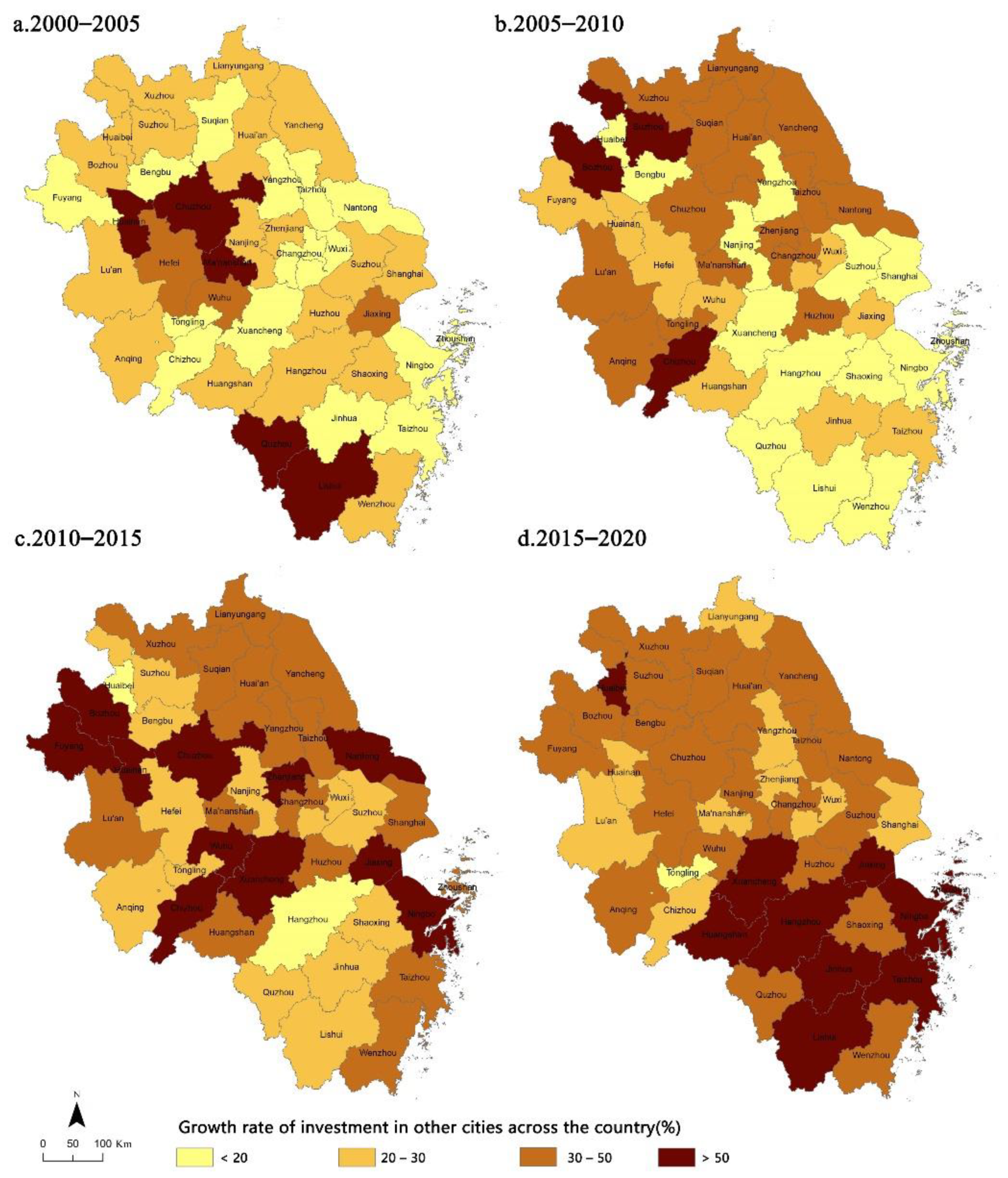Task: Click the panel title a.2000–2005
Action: (x=76, y=24)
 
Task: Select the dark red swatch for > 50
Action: (x=676, y=1158)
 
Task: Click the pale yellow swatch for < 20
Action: (x=194, y=1158)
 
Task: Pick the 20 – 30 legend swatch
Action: (x=357, y=1158)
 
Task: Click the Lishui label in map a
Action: (x=329, y=486)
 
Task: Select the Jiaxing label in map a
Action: (x=377, y=313)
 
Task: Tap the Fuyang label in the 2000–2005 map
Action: (x=67, y=198)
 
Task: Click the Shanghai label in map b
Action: (x=898, y=276)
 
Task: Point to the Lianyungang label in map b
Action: (x=732, y=68)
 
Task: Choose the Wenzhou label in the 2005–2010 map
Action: (x=870, y=506)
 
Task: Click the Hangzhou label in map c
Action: (x=307, y=919)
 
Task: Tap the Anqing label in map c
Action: (x=130, y=907)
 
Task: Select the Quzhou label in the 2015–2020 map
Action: (x=771, y=994)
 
